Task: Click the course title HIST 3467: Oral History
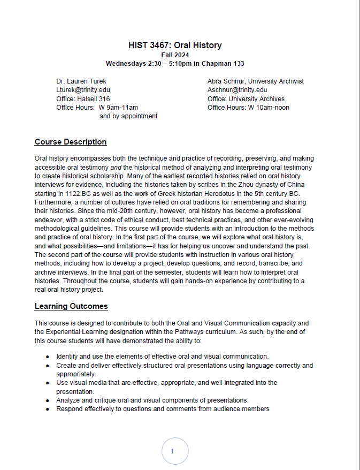175,45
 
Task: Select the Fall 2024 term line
175,55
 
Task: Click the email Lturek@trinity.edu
83,90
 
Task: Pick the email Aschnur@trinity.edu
237,90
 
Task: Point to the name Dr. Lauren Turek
81,81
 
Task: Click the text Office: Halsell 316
83,98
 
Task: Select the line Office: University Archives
246,98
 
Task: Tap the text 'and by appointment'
128,116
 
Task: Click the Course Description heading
71,142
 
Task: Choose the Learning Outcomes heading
71,306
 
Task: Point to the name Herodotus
232,193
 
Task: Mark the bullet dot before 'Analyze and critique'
48,400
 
